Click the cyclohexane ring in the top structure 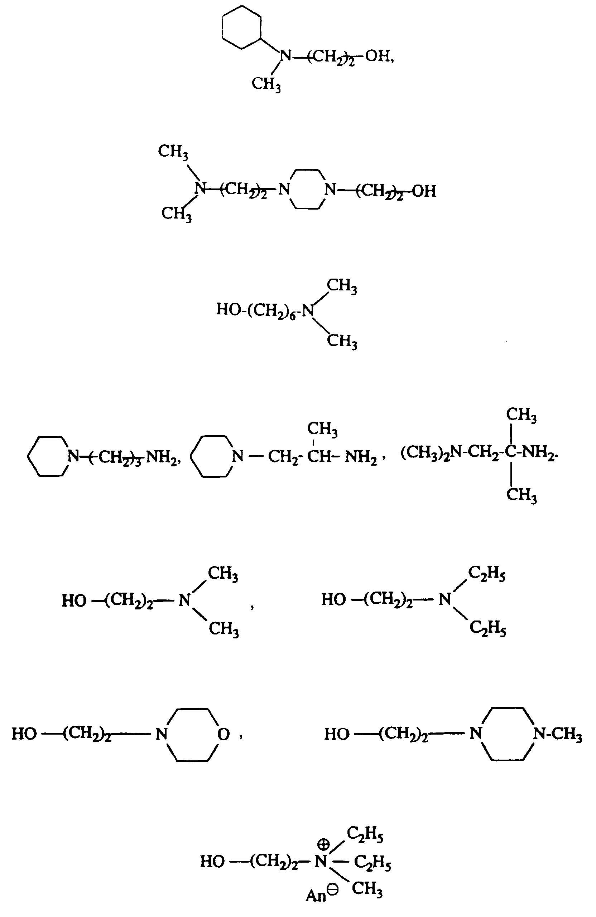pyautogui.click(x=242, y=28)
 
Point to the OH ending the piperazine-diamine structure pyautogui.click(x=424, y=191)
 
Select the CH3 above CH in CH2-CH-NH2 pyautogui.click(x=322, y=429)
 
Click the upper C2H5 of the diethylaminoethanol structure pyautogui.click(x=486, y=574)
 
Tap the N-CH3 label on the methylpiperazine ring pyautogui.click(x=557, y=734)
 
